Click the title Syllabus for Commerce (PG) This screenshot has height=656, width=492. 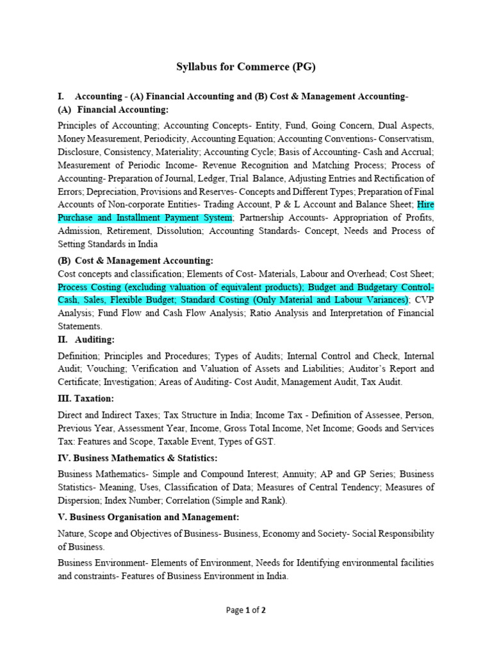point(246,66)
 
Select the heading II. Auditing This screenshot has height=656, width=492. point(86,340)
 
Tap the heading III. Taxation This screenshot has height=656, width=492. point(86,398)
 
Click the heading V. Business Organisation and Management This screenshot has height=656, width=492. point(149,516)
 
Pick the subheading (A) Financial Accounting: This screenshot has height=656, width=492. point(113,110)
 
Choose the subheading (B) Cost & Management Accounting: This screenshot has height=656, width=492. point(135,260)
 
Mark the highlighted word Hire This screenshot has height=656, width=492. point(425,205)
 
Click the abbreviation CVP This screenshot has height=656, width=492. point(424,299)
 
